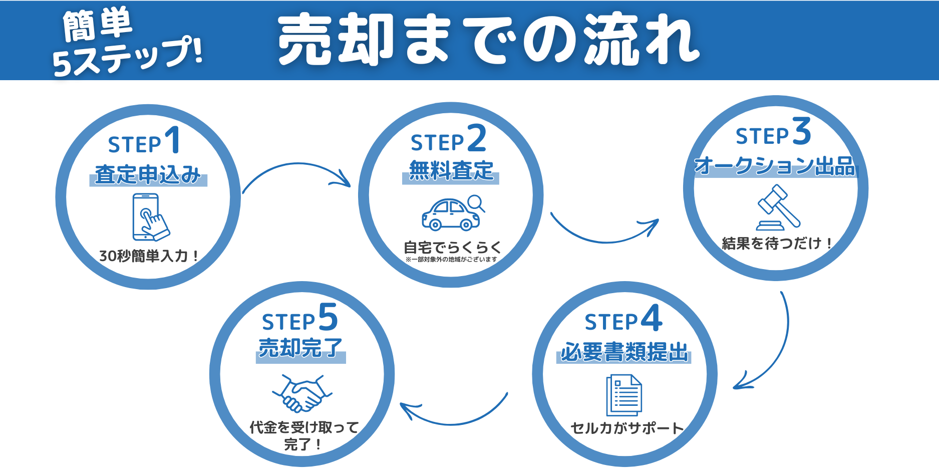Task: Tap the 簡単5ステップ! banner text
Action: (x=125, y=43)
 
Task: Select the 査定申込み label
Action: (x=148, y=174)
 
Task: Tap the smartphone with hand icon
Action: (x=149, y=217)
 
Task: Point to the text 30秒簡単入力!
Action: (x=149, y=256)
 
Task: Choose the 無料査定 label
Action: (x=451, y=171)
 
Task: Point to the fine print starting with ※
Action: (x=451, y=260)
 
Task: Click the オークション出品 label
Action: (x=775, y=166)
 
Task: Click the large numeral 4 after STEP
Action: (x=651, y=318)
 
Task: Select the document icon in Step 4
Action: (x=624, y=395)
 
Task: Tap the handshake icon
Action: (x=301, y=392)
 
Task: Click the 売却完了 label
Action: (x=300, y=348)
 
